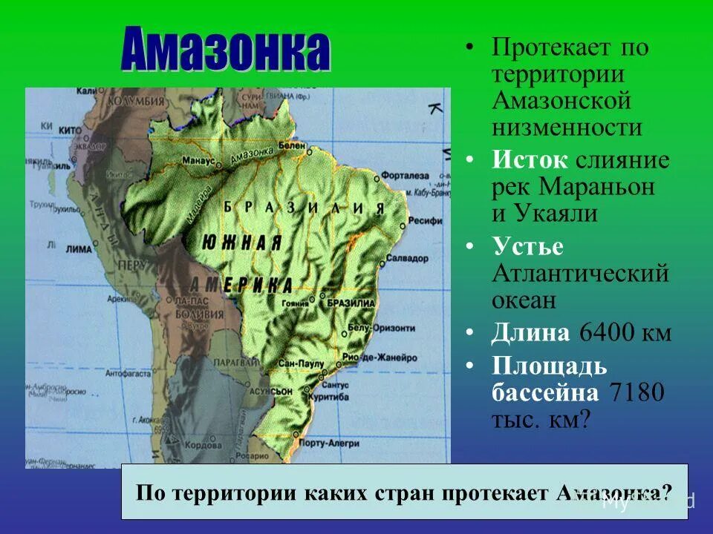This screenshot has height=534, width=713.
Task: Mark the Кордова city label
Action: tap(201, 446)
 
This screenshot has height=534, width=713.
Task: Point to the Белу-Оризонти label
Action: tap(372, 327)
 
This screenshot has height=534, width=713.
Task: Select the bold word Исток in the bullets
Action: tap(529, 160)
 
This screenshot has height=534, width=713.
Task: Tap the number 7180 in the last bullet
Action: tap(635, 392)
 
